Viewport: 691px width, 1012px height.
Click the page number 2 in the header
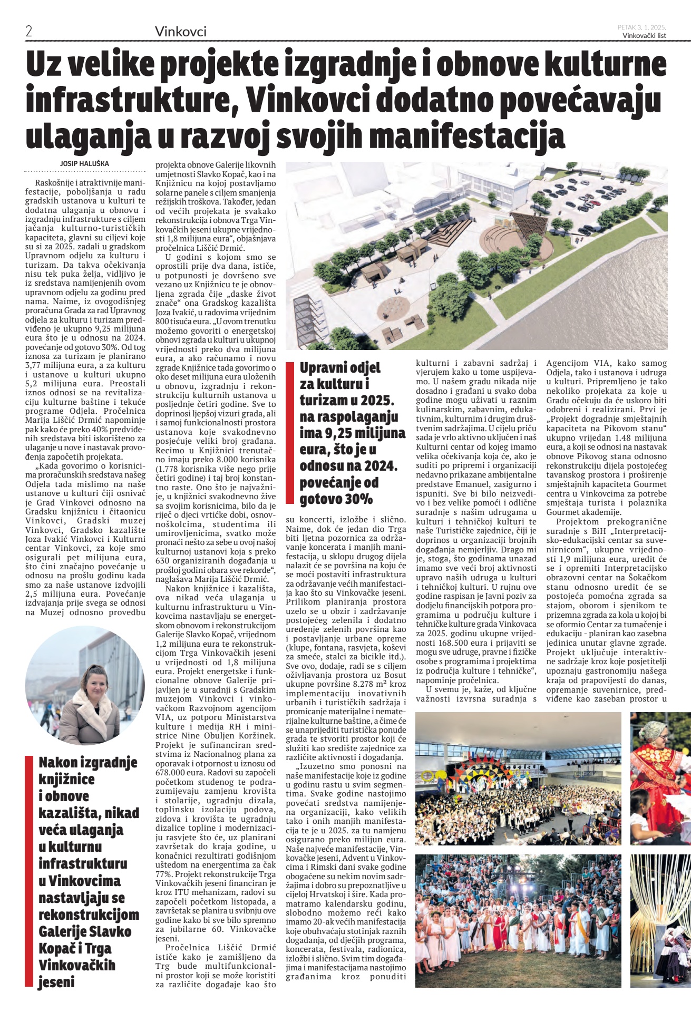(29, 31)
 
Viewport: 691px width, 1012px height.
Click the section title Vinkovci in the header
(180, 32)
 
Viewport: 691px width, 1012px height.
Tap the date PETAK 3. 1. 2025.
(641, 27)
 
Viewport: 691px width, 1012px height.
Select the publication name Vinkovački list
(644, 36)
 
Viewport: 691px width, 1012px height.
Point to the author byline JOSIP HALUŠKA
(84, 164)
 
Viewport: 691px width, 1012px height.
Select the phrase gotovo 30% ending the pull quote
(336, 499)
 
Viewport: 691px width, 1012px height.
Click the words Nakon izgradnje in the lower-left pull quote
(87, 762)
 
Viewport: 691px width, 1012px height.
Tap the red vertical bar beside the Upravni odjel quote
(289, 433)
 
